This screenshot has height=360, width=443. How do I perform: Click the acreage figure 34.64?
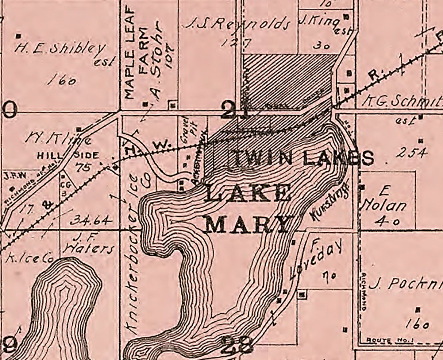[x=90, y=220]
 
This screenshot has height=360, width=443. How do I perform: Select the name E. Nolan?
[x=383, y=201]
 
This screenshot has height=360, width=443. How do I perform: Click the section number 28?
[x=237, y=344]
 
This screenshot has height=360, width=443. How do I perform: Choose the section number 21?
[x=235, y=111]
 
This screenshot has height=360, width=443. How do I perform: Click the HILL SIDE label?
[x=69, y=156]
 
